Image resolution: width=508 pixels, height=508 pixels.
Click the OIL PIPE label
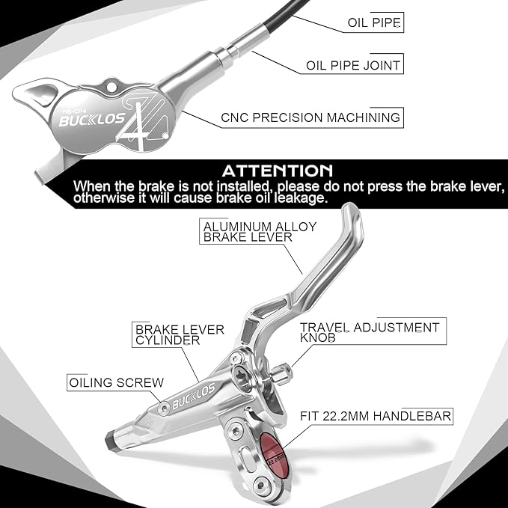pos(374,22)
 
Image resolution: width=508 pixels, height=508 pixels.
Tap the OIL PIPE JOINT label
pos(353,65)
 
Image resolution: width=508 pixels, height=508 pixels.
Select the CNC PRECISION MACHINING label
pos(310,117)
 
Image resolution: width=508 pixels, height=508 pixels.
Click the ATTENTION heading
pos(278,171)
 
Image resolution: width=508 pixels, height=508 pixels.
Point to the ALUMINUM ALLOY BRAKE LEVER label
pos(260,232)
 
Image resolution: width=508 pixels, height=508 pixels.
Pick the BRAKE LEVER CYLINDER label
pos(180,335)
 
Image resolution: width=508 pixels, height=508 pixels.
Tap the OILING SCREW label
pos(117,382)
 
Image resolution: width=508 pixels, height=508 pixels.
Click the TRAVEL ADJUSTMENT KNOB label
pos(370,332)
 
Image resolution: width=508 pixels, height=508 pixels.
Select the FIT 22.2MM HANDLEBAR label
pos(376,416)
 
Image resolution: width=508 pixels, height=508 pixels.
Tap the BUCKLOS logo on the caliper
pos(92,120)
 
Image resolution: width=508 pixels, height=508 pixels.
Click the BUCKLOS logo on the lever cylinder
pos(194,396)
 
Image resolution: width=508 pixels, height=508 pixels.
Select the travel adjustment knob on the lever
pos(281,374)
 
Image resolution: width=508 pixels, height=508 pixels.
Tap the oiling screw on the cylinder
pos(164,408)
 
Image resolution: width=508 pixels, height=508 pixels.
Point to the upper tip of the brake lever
pos(352,207)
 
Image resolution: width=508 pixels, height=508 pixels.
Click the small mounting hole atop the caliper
pos(111,87)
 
